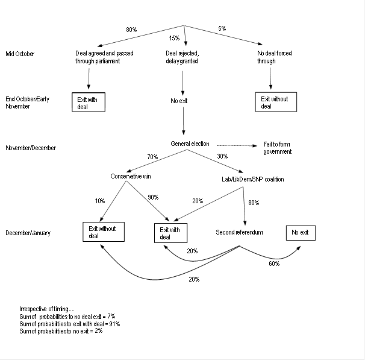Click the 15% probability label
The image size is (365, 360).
click(174, 39)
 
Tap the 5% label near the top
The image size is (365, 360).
click(222, 29)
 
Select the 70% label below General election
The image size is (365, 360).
click(152, 157)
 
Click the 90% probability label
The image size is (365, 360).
click(152, 198)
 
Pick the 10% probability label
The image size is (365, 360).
click(100, 201)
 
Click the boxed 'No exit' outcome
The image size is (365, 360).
click(301, 232)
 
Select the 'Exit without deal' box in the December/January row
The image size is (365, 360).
click(104, 232)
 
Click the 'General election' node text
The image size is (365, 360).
click(190, 144)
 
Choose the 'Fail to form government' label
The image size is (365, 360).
click(278, 148)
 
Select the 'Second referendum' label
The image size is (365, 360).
click(239, 232)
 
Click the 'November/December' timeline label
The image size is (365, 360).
click(30, 147)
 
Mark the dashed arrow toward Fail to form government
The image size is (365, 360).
click(237, 145)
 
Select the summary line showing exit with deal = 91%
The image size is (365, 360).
click(70, 324)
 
